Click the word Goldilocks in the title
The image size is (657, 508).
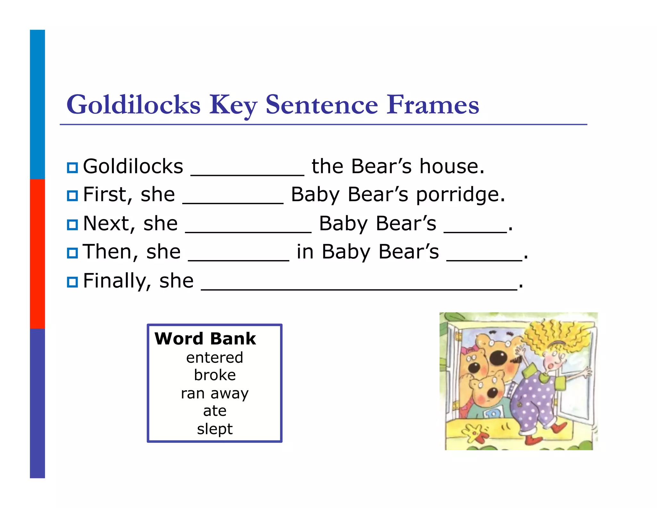pos(133,105)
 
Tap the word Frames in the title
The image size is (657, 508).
pos(433,105)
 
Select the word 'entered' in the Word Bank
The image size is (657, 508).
pos(215,357)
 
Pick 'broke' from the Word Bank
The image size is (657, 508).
pos(215,375)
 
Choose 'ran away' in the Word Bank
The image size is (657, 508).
pos(215,393)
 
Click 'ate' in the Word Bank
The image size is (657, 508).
pos(215,411)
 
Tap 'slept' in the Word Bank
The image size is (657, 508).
pos(215,429)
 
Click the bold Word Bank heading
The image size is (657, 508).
pos(205,338)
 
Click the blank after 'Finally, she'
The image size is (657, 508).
pos(359,286)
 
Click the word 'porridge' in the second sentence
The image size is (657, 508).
pos(460,195)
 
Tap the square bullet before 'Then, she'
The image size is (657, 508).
pos(73,253)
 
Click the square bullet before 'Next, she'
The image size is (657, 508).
pos(73,224)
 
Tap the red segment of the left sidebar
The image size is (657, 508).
pos(37,254)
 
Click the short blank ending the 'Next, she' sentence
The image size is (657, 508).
pos(475,228)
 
